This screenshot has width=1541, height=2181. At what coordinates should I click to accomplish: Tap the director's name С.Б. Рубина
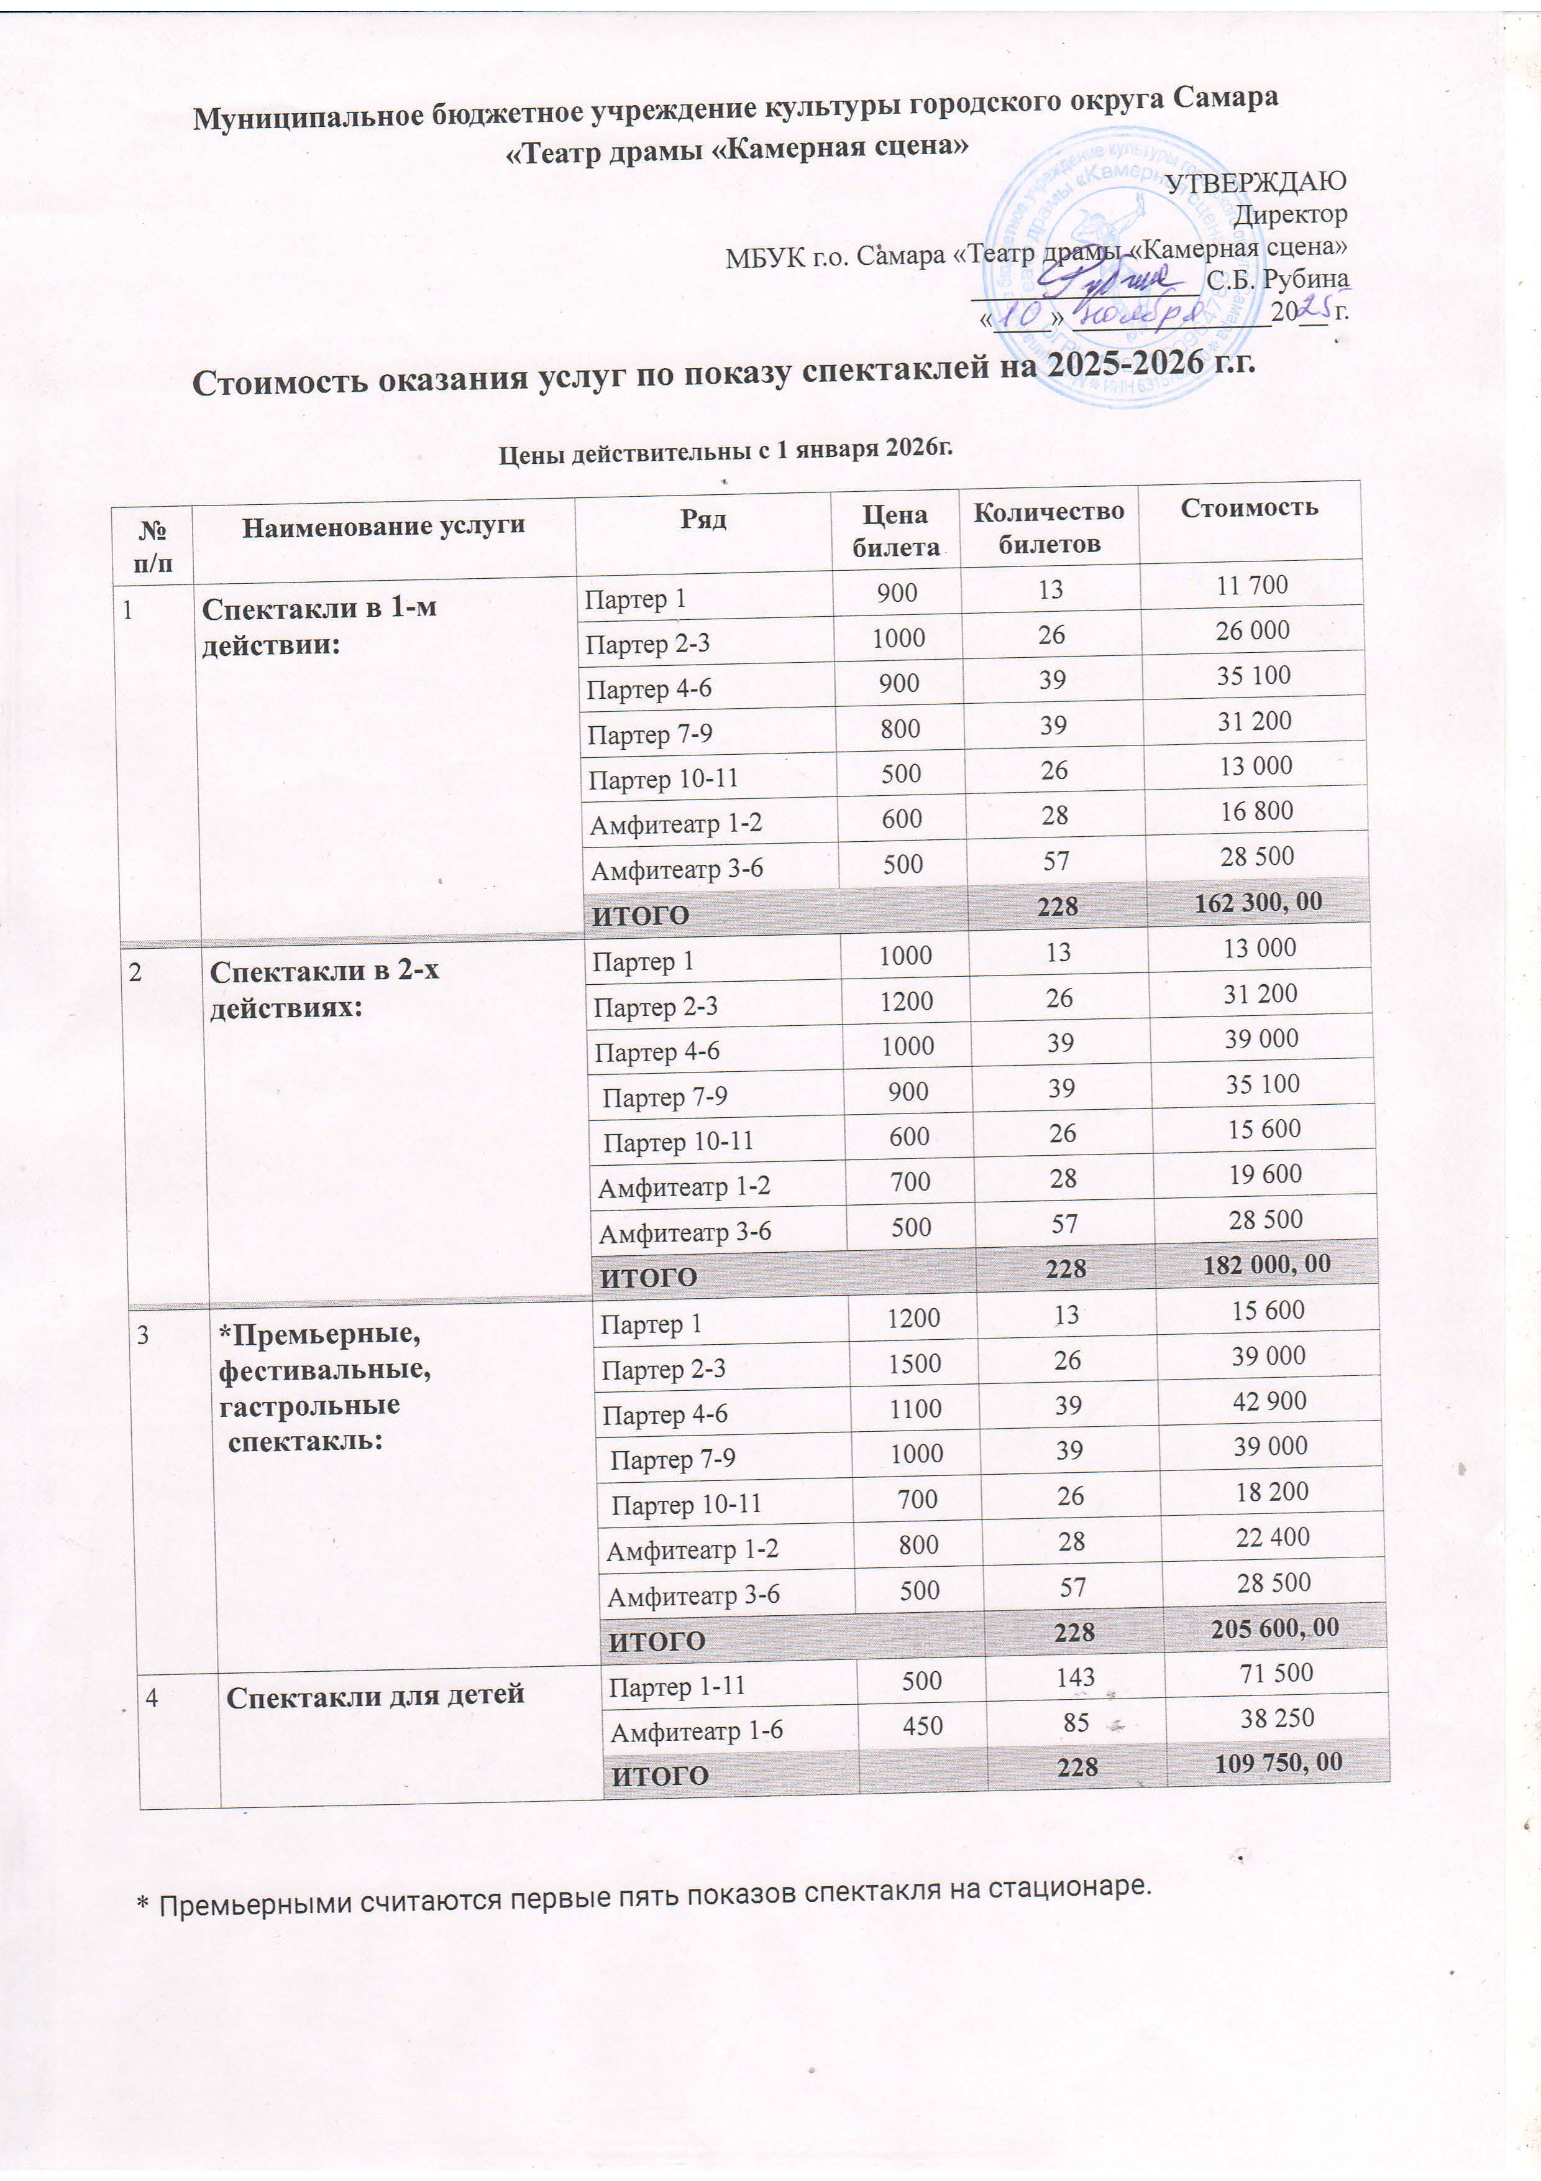click(1277, 279)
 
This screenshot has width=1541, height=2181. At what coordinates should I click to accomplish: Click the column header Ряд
click(703, 518)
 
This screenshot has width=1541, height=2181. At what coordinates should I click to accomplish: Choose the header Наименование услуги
click(383, 526)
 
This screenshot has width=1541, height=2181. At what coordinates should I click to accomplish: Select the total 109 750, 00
click(1278, 1764)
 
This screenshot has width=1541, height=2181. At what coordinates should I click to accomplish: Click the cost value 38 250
click(1277, 1717)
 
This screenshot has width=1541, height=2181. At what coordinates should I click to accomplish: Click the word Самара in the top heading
click(1225, 98)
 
